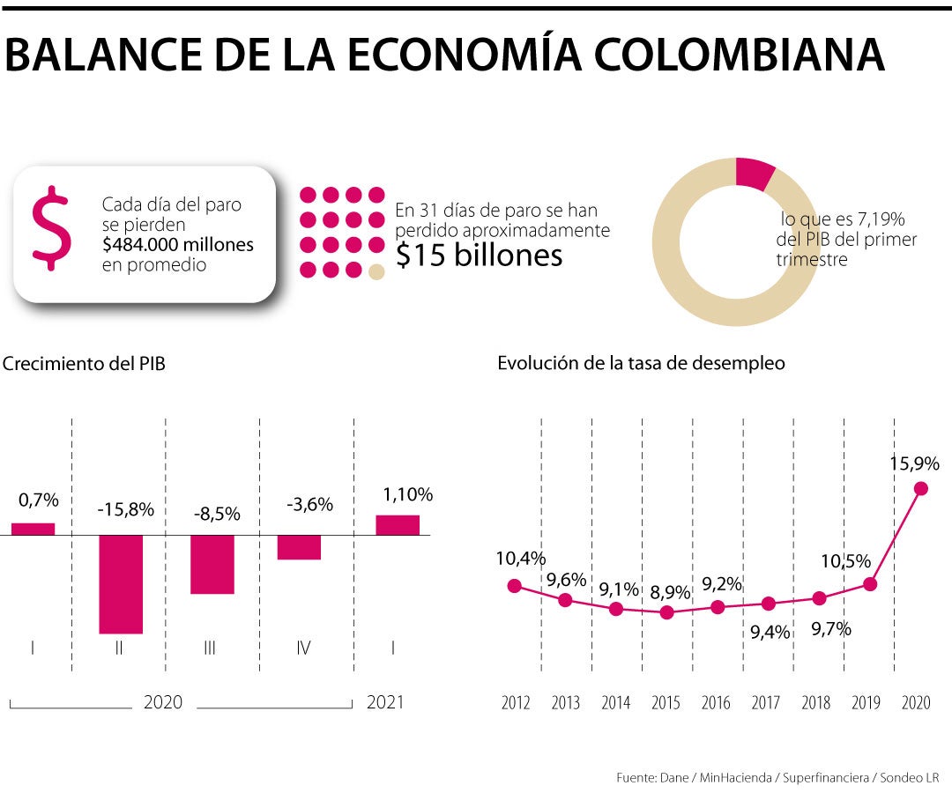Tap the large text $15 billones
[x=479, y=254]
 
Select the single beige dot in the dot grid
[x=377, y=271]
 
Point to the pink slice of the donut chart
[x=755, y=174]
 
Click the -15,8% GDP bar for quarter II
[x=121, y=583]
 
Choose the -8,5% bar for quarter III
[x=212, y=564]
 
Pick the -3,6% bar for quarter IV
[x=299, y=547]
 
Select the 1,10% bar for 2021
[x=398, y=524]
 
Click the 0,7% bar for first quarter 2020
[x=33, y=529]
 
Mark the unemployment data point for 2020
[x=921, y=488]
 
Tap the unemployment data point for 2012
[x=515, y=586]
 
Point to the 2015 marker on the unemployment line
[x=666, y=612]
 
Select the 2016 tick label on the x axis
[x=716, y=702]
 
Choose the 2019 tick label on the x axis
[x=867, y=702]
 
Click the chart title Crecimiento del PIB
[x=84, y=363]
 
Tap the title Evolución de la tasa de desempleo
[x=641, y=363]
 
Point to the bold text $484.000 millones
[x=177, y=244]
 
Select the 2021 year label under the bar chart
[x=384, y=702]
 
